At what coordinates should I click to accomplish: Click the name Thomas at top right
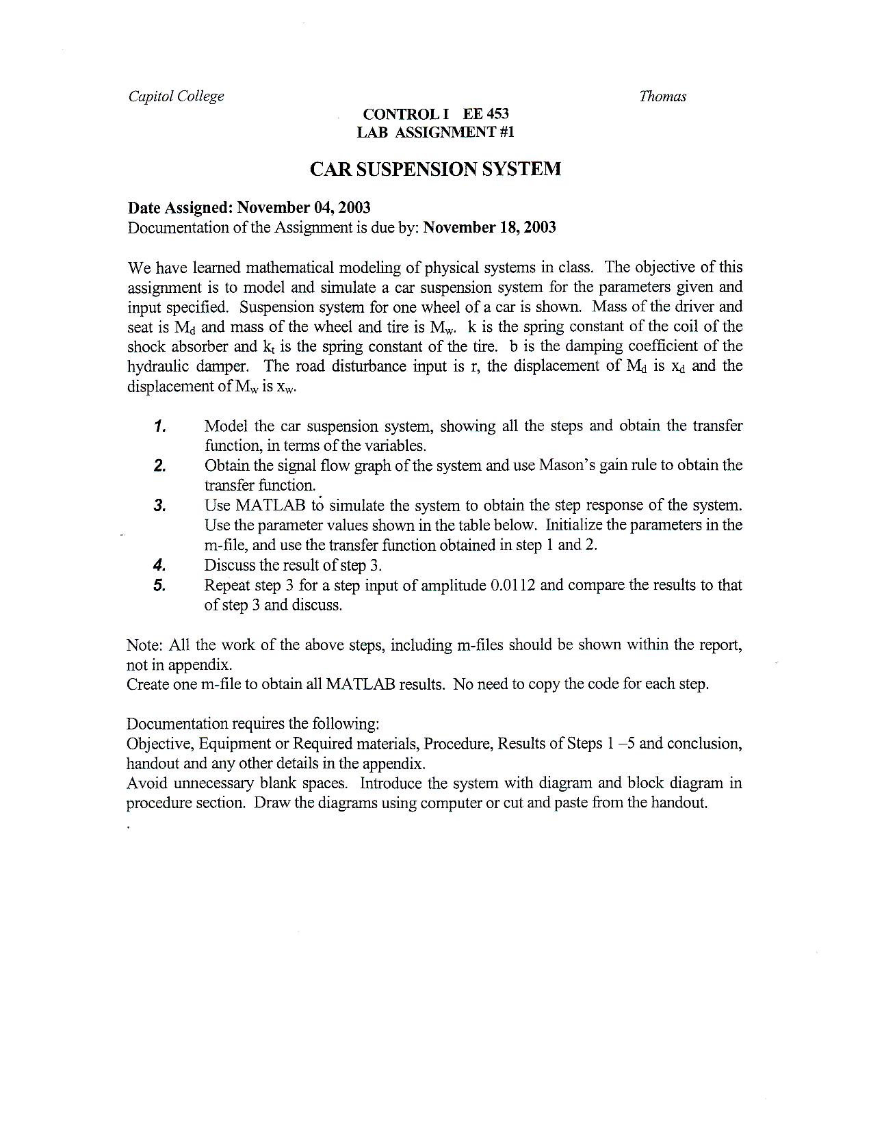[662, 96]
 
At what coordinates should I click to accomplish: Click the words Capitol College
[176, 96]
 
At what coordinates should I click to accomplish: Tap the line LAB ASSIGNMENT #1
[435, 132]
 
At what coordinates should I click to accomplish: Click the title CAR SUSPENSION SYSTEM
[435, 169]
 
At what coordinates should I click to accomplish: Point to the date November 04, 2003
[304, 207]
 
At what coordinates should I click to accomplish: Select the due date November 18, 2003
[489, 227]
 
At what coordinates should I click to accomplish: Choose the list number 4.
[160, 566]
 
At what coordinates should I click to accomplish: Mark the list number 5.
[160, 586]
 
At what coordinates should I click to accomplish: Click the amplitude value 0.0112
[513, 586]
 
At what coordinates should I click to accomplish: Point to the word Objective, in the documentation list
[160, 744]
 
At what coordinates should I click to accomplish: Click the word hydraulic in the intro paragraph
[158, 367]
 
